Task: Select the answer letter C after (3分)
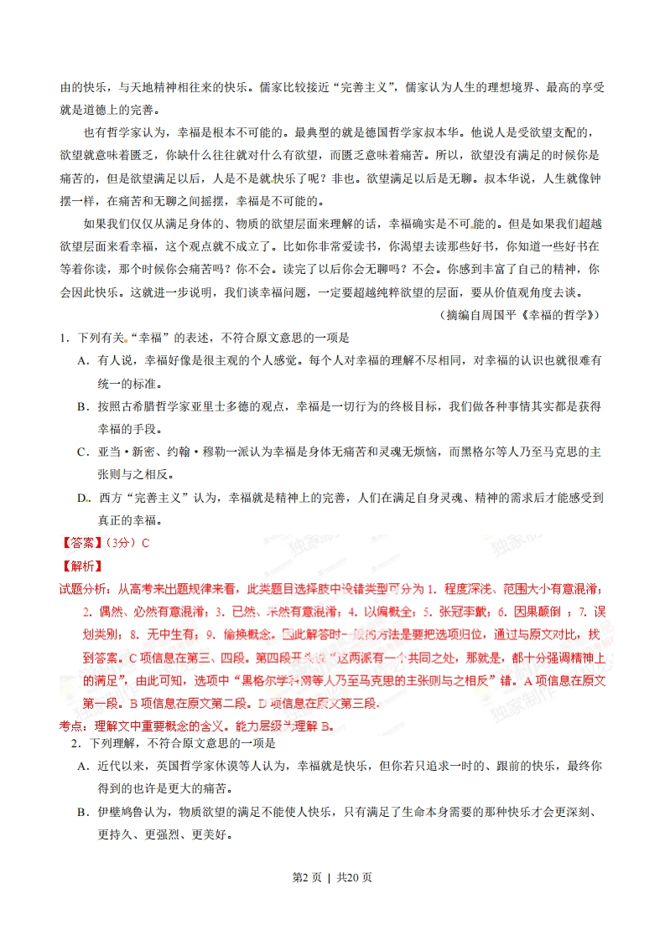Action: (x=144, y=542)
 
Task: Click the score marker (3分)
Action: (x=121, y=542)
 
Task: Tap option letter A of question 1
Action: (x=82, y=360)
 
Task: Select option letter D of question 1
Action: (x=82, y=498)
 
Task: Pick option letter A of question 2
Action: (x=82, y=767)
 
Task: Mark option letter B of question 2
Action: (x=82, y=813)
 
